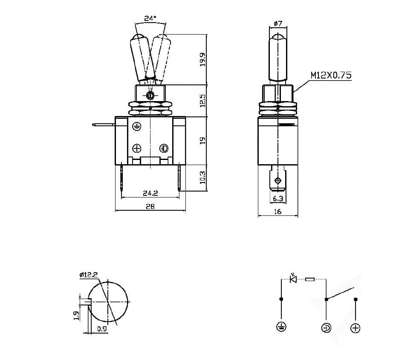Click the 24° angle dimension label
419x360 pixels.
point(150,18)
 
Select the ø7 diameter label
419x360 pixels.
point(277,24)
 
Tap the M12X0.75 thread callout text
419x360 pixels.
point(330,75)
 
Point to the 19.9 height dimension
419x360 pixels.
point(202,59)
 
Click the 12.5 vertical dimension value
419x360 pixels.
point(202,101)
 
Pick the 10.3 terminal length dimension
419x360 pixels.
point(202,178)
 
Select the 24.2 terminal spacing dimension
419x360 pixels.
point(150,193)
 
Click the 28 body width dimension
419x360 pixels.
point(150,206)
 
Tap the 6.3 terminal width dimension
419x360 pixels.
point(277,199)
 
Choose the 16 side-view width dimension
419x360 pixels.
point(277,211)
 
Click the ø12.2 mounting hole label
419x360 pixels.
point(89,275)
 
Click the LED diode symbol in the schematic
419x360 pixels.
point(293,279)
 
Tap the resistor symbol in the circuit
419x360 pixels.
point(310,280)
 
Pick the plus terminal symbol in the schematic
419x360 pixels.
point(355,328)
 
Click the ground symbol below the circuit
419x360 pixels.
point(281,328)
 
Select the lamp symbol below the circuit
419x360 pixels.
point(326,328)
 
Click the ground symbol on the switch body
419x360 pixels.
point(136,126)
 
